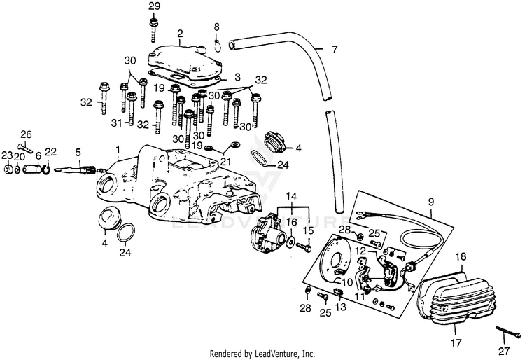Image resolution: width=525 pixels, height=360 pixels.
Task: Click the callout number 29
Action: tap(154, 6)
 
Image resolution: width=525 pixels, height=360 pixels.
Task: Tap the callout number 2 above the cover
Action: tap(180, 33)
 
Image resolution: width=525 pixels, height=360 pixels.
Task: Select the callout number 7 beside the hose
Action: tap(335, 50)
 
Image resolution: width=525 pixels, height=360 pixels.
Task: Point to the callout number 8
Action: tap(216, 27)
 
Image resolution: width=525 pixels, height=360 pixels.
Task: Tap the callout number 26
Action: tap(26, 134)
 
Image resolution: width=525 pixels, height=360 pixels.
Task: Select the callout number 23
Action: tap(7, 155)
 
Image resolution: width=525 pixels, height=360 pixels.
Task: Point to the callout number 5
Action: tap(78, 152)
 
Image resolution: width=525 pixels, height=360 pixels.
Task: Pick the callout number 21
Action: tap(225, 162)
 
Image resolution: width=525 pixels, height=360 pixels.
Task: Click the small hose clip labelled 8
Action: tap(218, 47)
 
